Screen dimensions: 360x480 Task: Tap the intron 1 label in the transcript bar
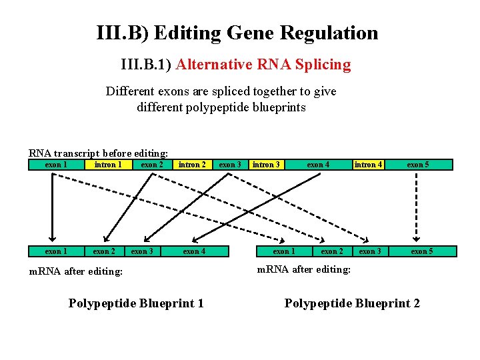pos(107,165)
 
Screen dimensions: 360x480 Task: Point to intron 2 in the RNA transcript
pos(191,165)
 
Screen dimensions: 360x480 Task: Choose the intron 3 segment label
pos(266,165)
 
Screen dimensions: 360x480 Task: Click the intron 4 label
pos(369,165)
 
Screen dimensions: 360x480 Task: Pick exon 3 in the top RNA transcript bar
pos(230,165)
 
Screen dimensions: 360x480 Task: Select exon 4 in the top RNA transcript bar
pos(317,165)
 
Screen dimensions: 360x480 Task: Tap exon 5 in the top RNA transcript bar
pos(417,165)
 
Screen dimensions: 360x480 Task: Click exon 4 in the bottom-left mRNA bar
pos(194,251)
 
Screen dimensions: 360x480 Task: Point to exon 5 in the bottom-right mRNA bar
pos(421,251)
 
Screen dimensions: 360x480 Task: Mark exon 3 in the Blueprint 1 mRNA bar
pos(142,251)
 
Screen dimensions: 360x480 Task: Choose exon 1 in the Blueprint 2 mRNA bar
pos(284,251)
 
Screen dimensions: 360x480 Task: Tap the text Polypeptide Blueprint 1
pos(136,303)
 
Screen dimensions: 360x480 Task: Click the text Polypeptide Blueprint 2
pos(352,303)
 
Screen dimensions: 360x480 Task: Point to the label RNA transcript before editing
pos(98,153)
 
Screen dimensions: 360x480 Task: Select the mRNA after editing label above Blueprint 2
pos(303,269)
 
